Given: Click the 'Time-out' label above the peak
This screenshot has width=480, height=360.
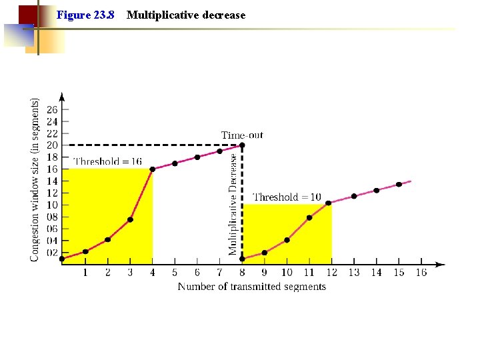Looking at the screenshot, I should pos(242,135).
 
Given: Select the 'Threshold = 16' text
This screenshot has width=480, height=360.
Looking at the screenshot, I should pos(107,161).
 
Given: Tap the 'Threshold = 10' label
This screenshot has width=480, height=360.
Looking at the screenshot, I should pos(287,197).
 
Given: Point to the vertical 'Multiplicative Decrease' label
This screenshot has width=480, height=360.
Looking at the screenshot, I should pos(233,204).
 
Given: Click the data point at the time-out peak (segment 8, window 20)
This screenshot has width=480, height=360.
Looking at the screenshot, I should pos(242,145).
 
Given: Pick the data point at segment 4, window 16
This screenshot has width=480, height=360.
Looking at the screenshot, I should pos(153,169).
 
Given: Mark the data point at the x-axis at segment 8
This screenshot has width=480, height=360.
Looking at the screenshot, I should pos(242,259).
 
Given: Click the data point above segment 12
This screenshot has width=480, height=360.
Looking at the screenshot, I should pos(328,203).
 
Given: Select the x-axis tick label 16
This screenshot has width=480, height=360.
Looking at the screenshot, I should pos(421,272).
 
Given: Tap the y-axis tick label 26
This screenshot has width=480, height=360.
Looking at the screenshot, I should pos(52,109).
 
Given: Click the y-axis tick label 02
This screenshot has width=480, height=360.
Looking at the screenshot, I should pos(52,253).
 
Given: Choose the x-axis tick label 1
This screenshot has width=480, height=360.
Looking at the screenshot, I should pos(85,272).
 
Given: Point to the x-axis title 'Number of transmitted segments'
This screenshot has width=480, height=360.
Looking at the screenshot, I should pos(251,287).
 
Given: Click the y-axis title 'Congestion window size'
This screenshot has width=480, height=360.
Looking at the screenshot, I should pos(35,180).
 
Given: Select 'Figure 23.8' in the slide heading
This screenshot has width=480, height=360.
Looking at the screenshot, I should pos(85,15).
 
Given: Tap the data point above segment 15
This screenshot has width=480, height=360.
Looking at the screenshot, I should pos(399,184).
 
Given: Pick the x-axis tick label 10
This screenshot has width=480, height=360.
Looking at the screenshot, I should pos(287,272).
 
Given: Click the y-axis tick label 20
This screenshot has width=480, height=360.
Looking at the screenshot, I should pos(52,145).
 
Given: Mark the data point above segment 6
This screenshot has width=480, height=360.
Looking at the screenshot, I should pos(197,157).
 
